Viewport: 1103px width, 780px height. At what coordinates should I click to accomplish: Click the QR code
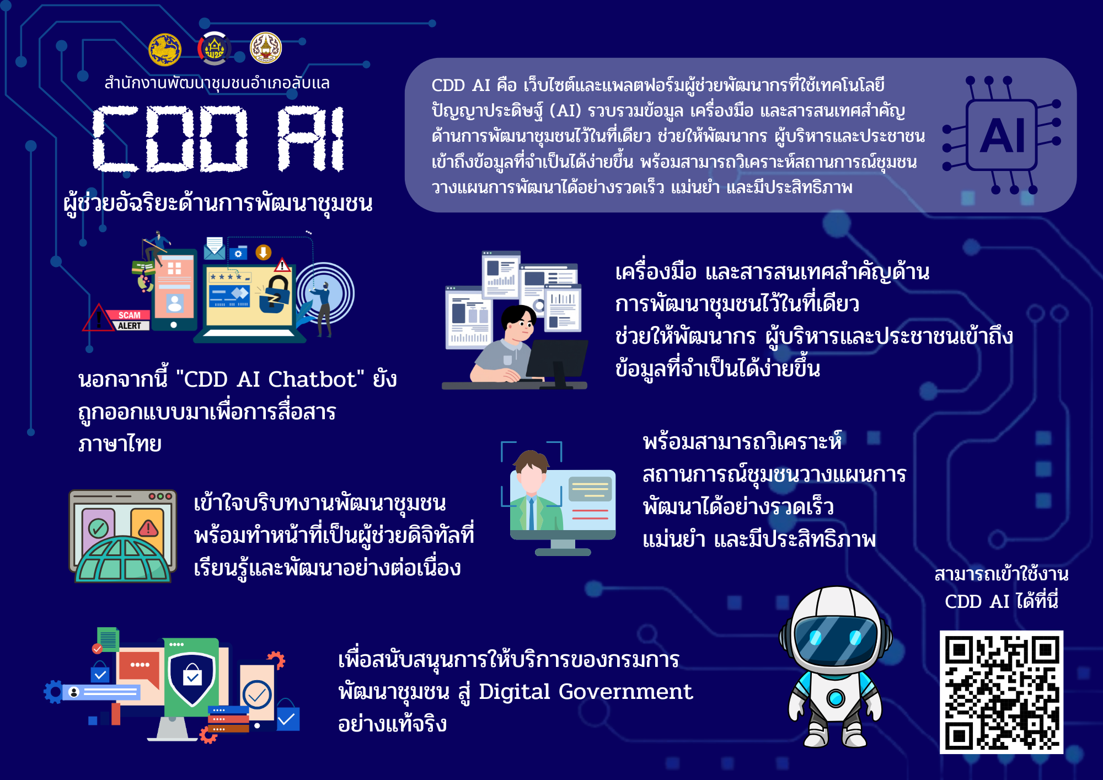1001,692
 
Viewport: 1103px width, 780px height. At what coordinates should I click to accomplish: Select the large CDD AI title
218,138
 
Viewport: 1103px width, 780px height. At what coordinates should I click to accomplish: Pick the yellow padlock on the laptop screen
275,293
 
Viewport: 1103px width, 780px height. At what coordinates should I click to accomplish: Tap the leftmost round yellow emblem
165,50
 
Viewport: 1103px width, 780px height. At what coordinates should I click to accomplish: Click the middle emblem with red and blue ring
215,49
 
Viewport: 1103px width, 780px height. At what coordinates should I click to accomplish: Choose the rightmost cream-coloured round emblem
266,48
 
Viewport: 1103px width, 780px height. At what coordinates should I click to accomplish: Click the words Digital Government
585,692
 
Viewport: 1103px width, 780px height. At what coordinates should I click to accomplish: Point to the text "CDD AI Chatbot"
270,380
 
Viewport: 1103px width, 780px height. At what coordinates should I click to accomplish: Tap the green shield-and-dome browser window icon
122,536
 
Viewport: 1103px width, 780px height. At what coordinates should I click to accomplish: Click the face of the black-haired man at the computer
520,326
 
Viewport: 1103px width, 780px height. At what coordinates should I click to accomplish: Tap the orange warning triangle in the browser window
148,528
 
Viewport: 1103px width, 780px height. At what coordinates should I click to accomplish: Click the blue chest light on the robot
835,698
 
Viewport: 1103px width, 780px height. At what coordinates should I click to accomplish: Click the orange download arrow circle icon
263,252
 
